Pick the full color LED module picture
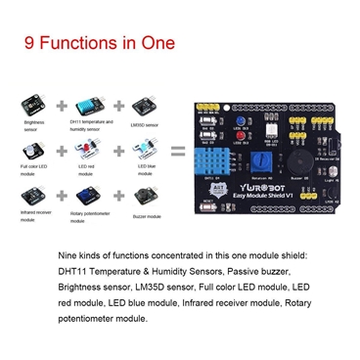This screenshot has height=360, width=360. [x=34, y=152]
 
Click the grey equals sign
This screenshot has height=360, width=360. [x=178, y=153]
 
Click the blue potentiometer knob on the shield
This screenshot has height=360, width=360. [x=261, y=158]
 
